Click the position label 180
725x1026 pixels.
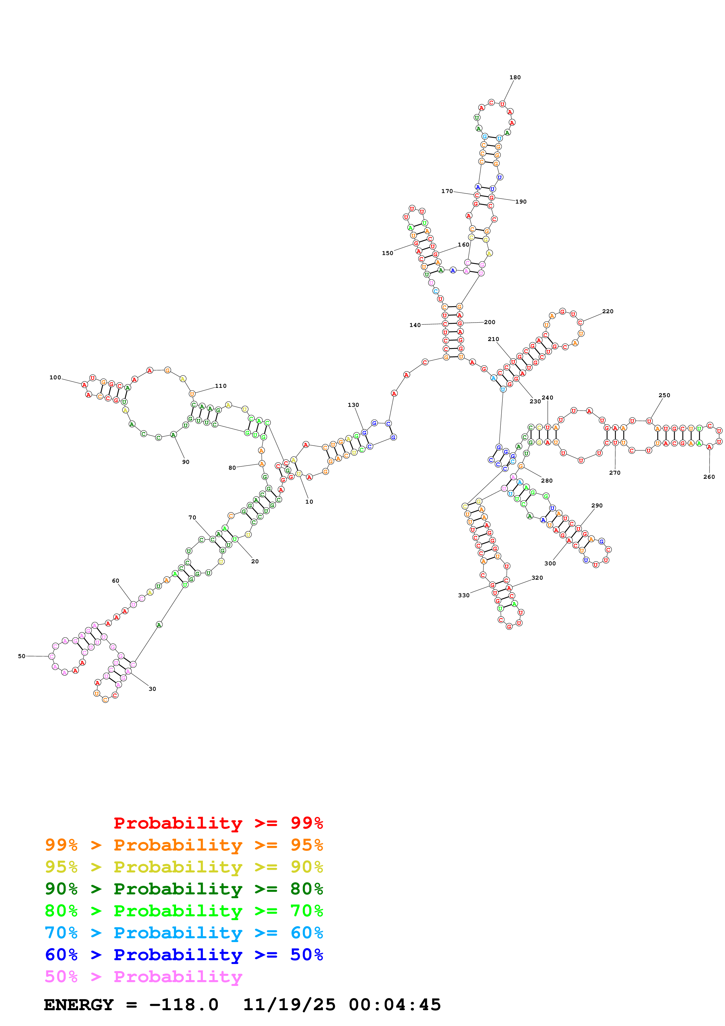coord(515,77)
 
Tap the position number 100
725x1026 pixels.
coord(55,378)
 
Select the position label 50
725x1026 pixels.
coord(21,656)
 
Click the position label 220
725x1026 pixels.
coord(607,311)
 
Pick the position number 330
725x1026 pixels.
coord(463,595)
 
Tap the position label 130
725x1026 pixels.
coord(353,405)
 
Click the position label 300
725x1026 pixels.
coord(550,564)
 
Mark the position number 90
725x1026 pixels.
coord(185,462)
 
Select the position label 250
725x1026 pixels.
coord(664,395)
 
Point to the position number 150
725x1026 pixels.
coord(387,253)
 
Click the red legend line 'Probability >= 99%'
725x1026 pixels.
coord(218,823)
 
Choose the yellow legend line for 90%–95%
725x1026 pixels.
coord(184,867)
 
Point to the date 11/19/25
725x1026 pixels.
coord(289,1005)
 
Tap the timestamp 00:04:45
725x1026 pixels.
coord(395,1005)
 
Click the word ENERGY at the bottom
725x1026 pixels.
coord(79,1005)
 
